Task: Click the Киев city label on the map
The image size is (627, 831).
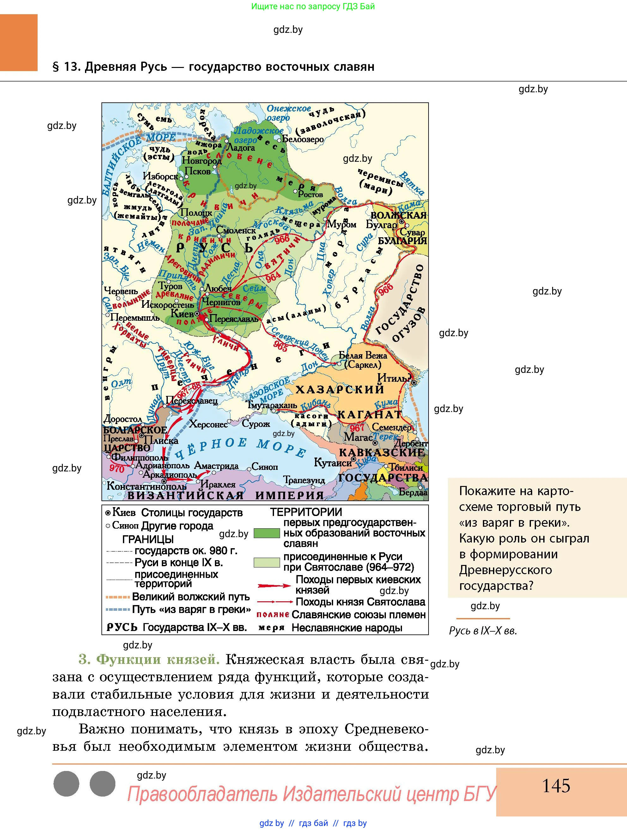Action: pyautogui.click(x=182, y=313)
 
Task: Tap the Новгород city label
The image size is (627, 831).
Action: pyautogui.click(x=201, y=161)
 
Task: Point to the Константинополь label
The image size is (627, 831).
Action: pyautogui.click(x=141, y=486)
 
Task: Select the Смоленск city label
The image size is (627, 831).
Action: pyautogui.click(x=236, y=230)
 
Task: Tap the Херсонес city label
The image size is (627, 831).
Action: pyautogui.click(x=208, y=424)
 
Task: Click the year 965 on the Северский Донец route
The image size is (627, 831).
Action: pyautogui.click(x=280, y=346)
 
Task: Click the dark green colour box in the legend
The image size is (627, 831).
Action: pyautogui.click(x=266, y=533)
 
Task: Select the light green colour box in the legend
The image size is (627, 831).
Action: pyautogui.click(x=266, y=562)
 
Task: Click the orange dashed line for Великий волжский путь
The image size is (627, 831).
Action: pyautogui.click(x=118, y=597)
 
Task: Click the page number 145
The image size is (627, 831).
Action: pyautogui.click(x=556, y=786)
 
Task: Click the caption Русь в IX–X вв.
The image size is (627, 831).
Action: pyautogui.click(x=483, y=631)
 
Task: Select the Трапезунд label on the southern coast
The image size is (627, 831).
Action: pyautogui.click(x=304, y=480)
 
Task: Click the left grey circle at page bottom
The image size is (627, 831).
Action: pyautogui.click(x=66, y=784)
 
